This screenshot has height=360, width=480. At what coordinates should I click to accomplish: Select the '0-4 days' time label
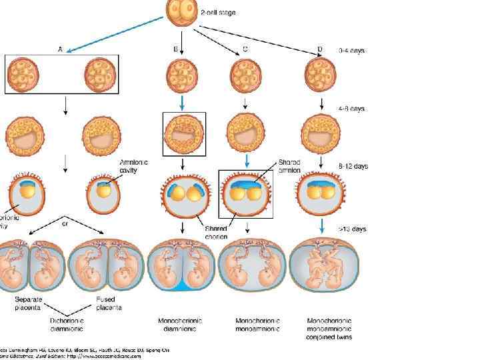click(x=353, y=50)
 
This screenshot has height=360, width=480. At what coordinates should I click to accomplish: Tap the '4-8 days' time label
click(x=353, y=108)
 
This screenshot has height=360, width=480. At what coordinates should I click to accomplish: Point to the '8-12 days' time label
click(x=354, y=166)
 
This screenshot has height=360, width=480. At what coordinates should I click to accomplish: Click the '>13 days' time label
click(x=353, y=228)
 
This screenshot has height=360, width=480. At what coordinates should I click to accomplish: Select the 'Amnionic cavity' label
click(x=133, y=165)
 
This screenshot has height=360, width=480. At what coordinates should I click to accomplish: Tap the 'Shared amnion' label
click(x=289, y=166)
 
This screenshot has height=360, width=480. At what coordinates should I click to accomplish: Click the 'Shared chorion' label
click(x=216, y=232)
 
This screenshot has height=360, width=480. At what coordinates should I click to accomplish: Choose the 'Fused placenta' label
click(x=109, y=303)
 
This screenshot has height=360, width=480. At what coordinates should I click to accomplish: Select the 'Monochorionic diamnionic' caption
click(x=180, y=324)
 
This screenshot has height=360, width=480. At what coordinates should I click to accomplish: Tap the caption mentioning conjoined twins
click(x=330, y=329)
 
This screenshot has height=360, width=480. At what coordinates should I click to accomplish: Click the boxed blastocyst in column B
click(x=185, y=134)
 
